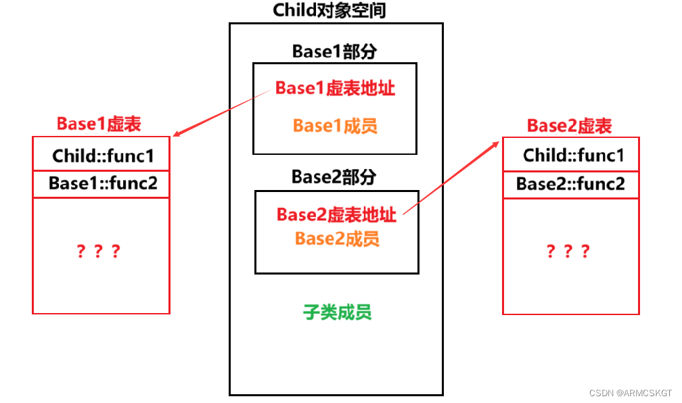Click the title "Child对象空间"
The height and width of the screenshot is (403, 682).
[x=329, y=10]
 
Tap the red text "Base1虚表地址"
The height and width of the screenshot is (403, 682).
[x=335, y=89]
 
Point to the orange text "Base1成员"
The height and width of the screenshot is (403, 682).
[x=335, y=126]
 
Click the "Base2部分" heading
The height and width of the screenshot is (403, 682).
[x=335, y=177]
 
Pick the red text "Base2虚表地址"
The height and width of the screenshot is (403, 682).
[x=336, y=215]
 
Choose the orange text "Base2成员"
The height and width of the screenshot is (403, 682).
[x=337, y=239]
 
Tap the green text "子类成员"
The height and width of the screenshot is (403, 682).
[x=337, y=312]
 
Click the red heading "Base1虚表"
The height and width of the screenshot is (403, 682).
[x=99, y=124]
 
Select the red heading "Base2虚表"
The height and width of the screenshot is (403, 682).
[x=569, y=126]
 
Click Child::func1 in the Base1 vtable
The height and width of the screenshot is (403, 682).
[x=103, y=157]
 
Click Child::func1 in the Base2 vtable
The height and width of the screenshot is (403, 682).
[x=573, y=156]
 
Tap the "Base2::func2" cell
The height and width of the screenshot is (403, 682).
[x=570, y=184]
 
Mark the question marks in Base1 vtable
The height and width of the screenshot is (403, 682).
[x=98, y=252]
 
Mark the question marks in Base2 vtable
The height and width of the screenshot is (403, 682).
[x=568, y=252]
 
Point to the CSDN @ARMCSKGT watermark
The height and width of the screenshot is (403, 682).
[x=630, y=393]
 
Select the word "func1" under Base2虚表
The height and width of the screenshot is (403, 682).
[x=600, y=156]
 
